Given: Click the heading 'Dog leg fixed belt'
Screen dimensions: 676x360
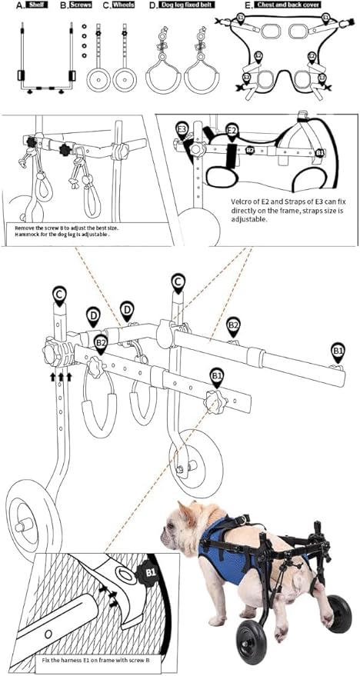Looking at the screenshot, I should [183, 5].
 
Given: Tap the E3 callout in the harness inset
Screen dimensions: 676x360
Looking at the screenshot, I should [182, 128].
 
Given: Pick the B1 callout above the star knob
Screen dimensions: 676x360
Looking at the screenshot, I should [217, 376].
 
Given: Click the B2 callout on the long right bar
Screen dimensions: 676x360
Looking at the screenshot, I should [233, 327].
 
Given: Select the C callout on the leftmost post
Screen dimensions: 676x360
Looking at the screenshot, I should [58, 293].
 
